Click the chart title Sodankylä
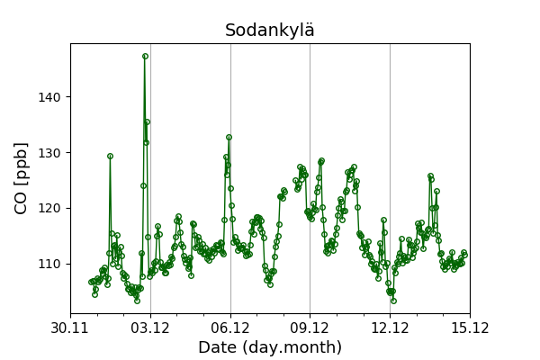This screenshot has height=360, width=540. coord(270,31)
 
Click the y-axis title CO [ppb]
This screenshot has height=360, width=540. coord(22,177)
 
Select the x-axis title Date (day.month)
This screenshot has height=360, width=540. coord(270,347)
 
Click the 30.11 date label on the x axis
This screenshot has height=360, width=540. coord(70,327)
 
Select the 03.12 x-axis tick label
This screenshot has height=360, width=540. coord(150,327)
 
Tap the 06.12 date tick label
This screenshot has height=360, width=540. coord(230,327)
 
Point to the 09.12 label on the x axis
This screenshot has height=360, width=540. coord(310,327)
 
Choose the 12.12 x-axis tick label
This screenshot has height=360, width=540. coord(390,327)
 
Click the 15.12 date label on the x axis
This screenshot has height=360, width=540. coord(469,327)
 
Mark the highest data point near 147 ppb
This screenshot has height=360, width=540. coord(145,56)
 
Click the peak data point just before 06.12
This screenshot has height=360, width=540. coord(229,137)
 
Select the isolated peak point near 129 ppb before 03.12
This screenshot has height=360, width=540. coord(110,156)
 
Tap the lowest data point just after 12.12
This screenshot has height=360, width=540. coord(393,301)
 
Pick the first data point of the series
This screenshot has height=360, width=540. coord(91,282)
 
